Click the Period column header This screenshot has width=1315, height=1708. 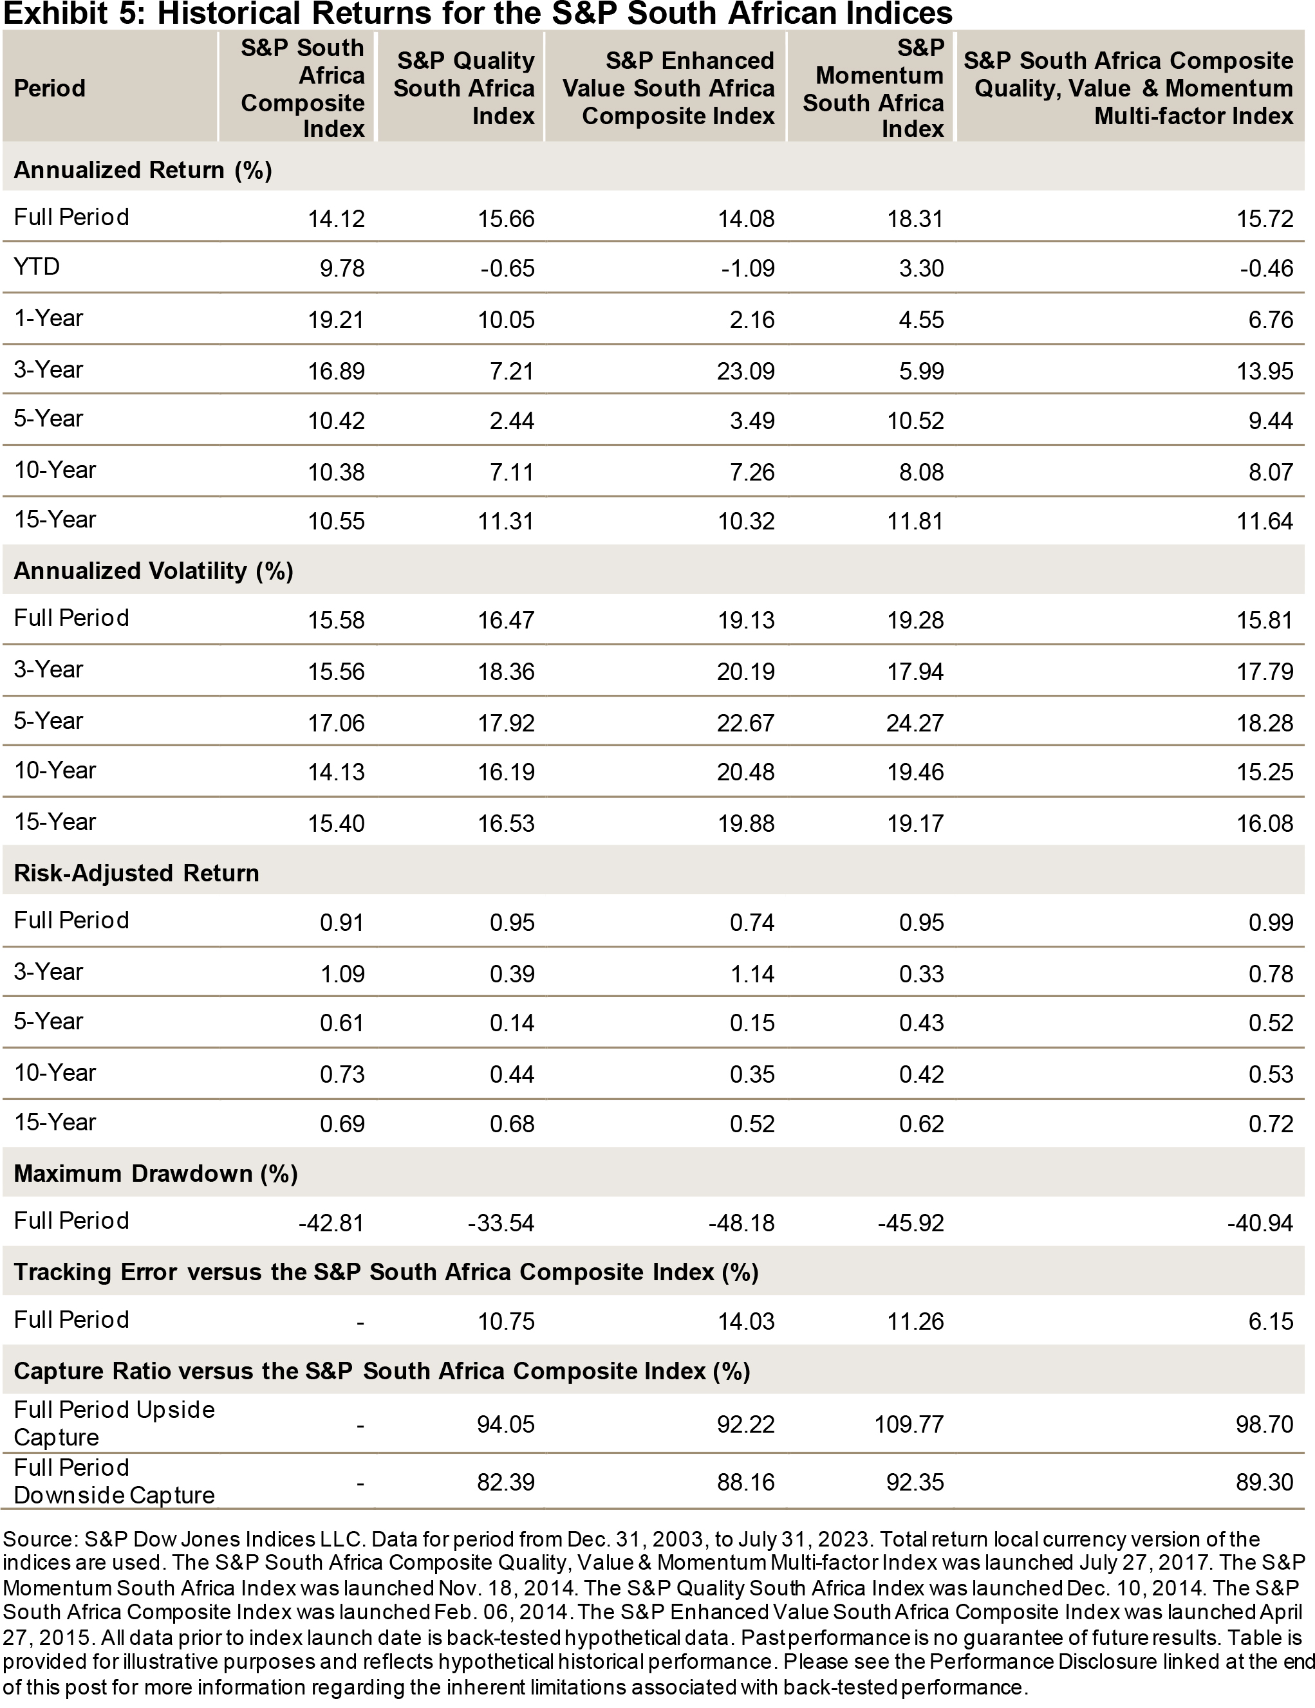[x=50, y=88]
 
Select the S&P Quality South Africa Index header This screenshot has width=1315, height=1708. [x=464, y=88]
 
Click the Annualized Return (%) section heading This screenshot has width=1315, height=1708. [x=142, y=170]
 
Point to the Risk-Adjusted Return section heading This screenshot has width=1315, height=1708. [x=136, y=873]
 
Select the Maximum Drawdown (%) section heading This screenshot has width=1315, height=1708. [x=156, y=1173]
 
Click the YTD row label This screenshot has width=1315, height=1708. [x=37, y=268]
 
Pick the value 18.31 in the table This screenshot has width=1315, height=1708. [x=915, y=219]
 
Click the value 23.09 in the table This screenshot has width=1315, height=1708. [x=745, y=371]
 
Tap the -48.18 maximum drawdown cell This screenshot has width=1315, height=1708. [x=741, y=1222]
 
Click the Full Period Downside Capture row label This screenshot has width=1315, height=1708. [x=114, y=1481]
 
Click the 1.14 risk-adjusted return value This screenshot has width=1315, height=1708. [x=752, y=973]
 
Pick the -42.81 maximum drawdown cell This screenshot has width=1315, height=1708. [x=331, y=1222]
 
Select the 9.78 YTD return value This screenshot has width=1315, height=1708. [x=342, y=269]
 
